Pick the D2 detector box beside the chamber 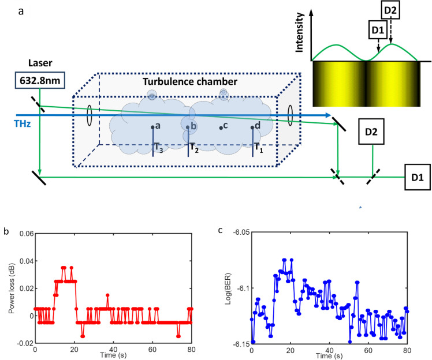pyautogui.click(x=371, y=132)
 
